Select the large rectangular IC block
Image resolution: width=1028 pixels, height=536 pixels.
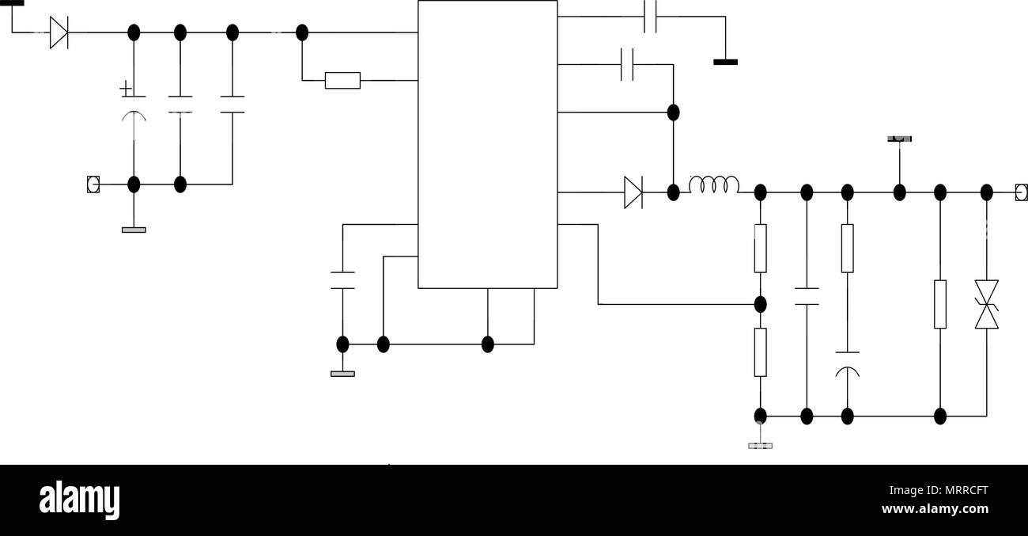coord(487,144)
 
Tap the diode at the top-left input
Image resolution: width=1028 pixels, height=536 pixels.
coord(59,32)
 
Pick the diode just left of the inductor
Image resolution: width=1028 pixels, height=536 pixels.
coord(633,192)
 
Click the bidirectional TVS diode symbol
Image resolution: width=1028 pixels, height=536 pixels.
coord(986,304)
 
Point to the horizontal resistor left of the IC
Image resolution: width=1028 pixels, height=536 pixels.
coord(342,81)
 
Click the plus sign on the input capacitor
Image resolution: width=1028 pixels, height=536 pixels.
coord(125,88)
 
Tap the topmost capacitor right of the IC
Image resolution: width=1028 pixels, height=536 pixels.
coord(650,17)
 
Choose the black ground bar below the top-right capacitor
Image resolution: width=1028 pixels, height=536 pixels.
coord(726,62)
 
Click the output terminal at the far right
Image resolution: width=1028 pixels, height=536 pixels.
coord(1021,192)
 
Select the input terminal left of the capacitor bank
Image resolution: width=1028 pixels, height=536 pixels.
coord(93,184)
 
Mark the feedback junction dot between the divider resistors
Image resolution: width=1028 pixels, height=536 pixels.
coord(761,304)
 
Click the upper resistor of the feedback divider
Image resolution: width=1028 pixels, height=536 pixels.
coord(761,249)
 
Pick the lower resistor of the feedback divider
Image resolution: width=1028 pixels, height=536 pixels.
coord(761,352)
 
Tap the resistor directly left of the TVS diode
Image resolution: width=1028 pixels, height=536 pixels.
coord(940,304)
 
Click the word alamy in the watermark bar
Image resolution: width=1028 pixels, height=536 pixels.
coord(79,500)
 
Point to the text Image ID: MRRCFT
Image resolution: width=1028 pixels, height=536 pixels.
coord(939,490)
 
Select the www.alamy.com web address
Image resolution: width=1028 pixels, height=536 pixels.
coord(935,508)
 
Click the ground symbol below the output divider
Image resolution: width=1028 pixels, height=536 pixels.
coord(761,446)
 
